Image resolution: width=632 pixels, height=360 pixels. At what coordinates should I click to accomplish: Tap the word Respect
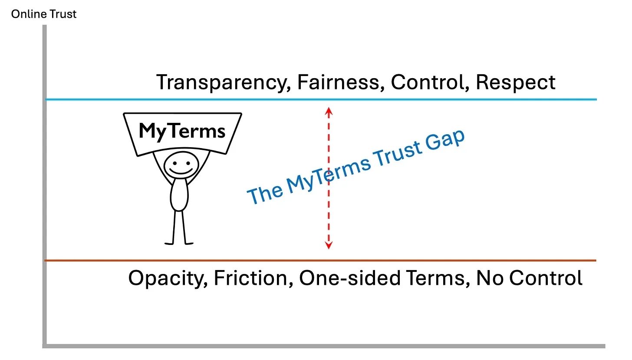pyautogui.click(x=515, y=83)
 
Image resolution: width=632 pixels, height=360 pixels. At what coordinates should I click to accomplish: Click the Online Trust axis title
pyautogui.click(x=44, y=14)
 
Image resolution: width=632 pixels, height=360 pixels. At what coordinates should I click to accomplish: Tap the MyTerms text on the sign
pyautogui.click(x=182, y=131)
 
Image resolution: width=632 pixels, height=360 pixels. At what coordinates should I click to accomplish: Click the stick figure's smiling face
pyautogui.click(x=181, y=165)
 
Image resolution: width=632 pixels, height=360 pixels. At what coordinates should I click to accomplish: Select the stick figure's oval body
pyautogui.click(x=179, y=196)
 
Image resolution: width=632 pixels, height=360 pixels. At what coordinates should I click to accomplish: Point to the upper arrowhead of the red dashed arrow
pyautogui.click(x=329, y=110)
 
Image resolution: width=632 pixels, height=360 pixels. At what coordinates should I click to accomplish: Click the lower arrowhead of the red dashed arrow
pyautogui.click(x=329, y=246)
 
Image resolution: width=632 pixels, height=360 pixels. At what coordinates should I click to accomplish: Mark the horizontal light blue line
pyautogui.click(x=477, y=99)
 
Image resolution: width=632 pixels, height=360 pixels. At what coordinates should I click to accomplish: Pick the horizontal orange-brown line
pyautogui.click(x=477, y=261)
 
